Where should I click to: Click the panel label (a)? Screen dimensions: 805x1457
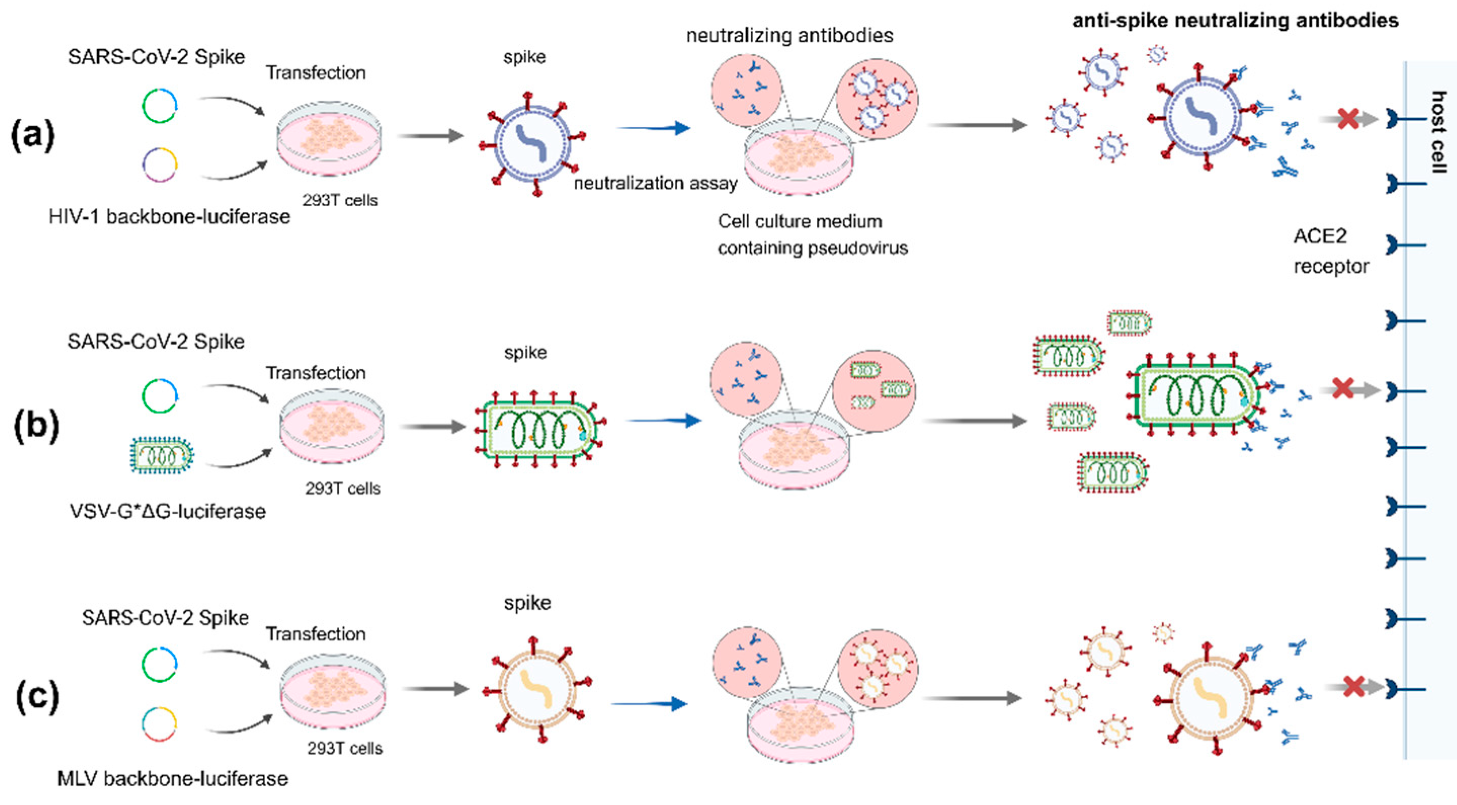tap(33, 136)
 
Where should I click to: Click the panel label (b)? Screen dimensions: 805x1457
tap(36, 425)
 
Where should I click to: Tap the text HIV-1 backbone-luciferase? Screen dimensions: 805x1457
tap(169, 217)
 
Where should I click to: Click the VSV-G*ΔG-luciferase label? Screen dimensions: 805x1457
tap(168, 512)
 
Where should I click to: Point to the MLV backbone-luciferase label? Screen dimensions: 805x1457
tap(173, 779)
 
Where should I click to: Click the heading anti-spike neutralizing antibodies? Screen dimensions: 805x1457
tap(1235, 20)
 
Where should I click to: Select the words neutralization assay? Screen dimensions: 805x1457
tap(655, 183)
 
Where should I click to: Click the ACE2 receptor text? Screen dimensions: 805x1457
tap(1330, 250)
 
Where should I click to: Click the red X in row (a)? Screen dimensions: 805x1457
tap(1348, 119)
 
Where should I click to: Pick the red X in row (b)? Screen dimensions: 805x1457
tap(1343, 389)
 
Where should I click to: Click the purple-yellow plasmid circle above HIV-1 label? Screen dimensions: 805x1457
tap(159, 164)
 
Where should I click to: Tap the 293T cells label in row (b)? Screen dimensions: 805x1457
tap(343, 488)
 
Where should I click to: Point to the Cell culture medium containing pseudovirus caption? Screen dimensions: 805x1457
tap(812, 235)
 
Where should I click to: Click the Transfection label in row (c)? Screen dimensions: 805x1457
tap(316, 633)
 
